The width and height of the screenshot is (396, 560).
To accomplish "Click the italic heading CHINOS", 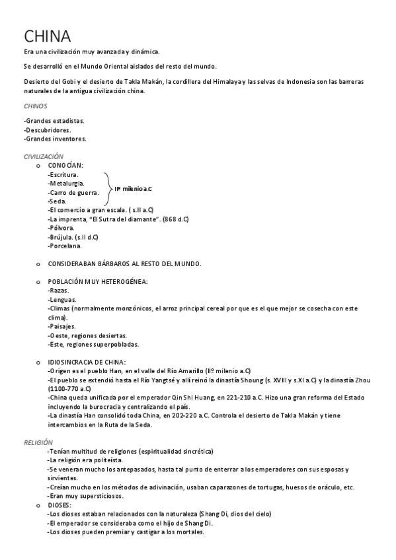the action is tap(35, 106).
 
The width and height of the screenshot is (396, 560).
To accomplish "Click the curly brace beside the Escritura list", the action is tap(108, 188).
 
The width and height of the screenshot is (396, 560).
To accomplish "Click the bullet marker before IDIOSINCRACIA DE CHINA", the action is tap(37, 362).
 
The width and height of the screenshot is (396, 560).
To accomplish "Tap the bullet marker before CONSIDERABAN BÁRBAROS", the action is tap(37, 263).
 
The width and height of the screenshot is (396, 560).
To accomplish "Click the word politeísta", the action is tap(104, 460).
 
